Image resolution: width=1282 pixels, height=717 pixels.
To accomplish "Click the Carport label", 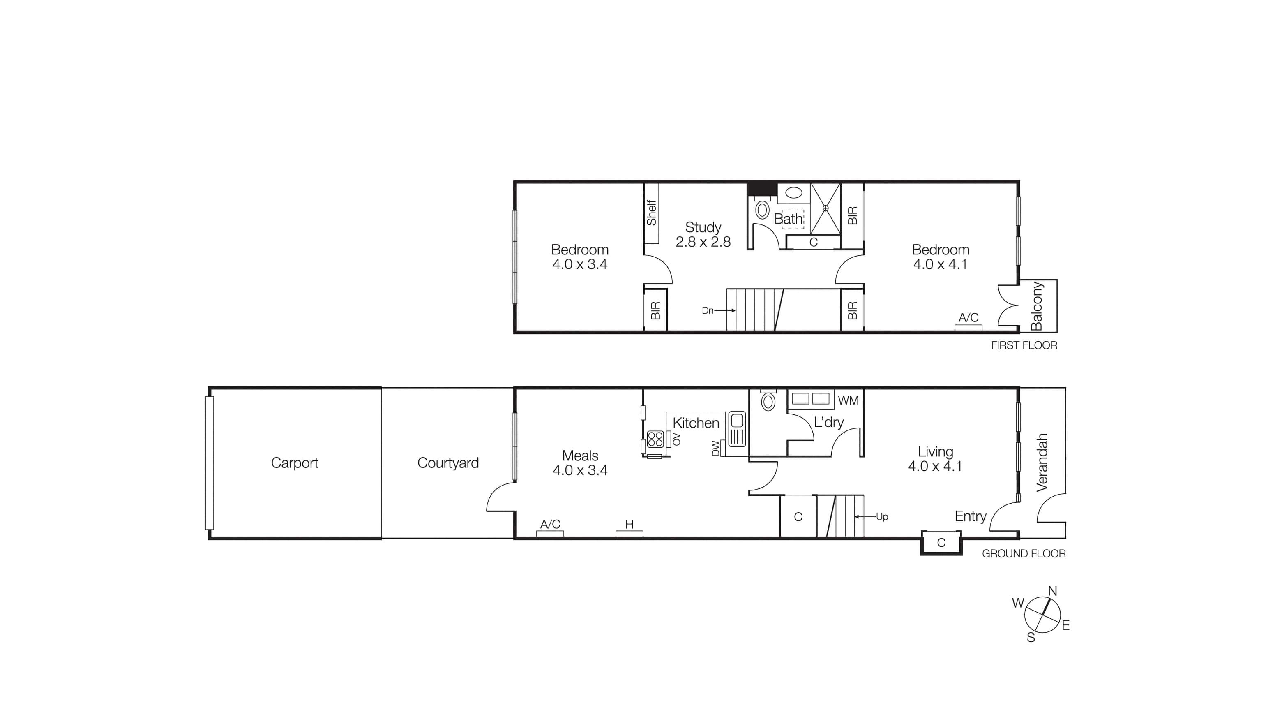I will pyautogui.click(x=294, y=463).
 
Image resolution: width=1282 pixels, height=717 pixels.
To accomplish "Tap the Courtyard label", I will pyautogui.click(x=448, y=463).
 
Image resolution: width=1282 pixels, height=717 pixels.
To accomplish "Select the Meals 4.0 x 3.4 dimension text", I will pyautogui.click(x=580, y=470).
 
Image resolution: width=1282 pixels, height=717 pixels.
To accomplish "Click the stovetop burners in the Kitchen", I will pyautogui.click(x=655, y=439).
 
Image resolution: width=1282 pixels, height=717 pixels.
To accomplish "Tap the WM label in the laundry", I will pyautogui.click(x=848, y=400).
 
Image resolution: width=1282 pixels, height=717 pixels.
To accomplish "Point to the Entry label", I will pyautogui.click(x=970, y=516).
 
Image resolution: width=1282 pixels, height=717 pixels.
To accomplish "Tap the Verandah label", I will pyautogui.click(x=1042, y=463).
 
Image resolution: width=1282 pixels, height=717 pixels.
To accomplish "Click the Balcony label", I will pyautogui.click(x=1037, y=306).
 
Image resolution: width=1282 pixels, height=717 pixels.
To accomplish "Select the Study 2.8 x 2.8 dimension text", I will pyautogui.click(x=703, y=242).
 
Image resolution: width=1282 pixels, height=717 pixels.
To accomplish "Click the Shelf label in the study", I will pyautogui.click(x=651, y=213).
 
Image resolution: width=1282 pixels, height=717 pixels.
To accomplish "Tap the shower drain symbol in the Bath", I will pyautogui.click(x=825, y=208).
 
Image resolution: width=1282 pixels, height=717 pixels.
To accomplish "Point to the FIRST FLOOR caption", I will pyautogui.click(x=1024, y=345).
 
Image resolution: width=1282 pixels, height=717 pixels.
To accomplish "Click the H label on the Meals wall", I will pyautogui.click(x=629, y=524).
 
